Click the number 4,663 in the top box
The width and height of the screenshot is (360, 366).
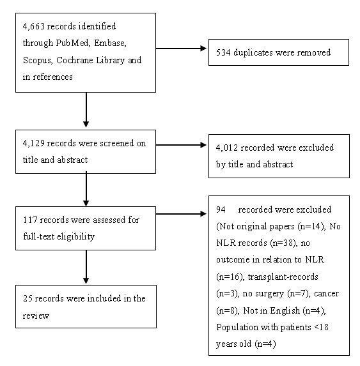pos(34,26)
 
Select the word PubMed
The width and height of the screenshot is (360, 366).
pos(72,43)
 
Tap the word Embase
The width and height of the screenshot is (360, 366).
pos(110,43)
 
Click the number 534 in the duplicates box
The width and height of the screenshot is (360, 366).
pos(223,52)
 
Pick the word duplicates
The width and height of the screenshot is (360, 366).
pos(253,53)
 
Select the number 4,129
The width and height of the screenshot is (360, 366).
pos(34,143)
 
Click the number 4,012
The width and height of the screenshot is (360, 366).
pos(227,148)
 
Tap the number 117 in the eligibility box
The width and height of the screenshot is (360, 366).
pos(30,220)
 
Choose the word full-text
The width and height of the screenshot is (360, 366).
pos(39,236)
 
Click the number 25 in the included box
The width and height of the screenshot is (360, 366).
pos(27,298)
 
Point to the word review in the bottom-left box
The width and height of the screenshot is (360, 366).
pos(36,316)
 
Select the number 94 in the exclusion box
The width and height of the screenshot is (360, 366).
pos(221,210)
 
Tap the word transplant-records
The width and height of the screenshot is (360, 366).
pos(283,277)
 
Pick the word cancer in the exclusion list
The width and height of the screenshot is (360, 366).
pos(326,294)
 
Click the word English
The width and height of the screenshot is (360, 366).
pos(285,310)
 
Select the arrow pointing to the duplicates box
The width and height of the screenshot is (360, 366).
pos(181,49)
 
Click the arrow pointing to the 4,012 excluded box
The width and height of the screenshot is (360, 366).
pos(181,145)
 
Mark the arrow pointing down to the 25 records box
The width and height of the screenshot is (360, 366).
pos(86,267)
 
